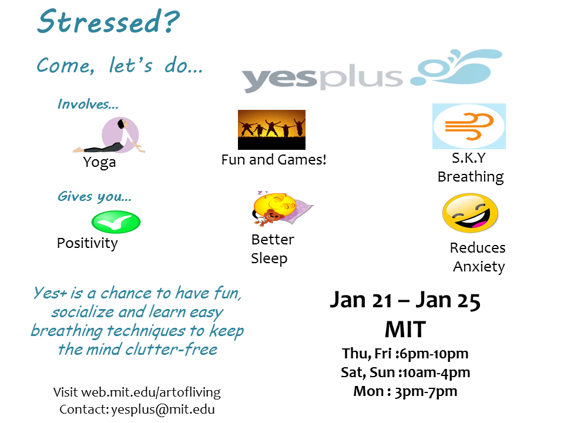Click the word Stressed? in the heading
108,22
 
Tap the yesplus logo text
323,78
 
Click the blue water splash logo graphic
456,67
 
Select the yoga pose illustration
110,135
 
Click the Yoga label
99,163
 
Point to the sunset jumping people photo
271,130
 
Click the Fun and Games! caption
274,160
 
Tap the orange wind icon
469,126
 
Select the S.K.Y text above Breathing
469,158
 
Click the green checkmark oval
116,222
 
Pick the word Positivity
87,243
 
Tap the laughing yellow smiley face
470,213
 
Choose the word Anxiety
479,267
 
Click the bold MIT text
405,330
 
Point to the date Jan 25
448,300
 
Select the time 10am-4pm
437,373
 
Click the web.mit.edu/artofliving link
151,392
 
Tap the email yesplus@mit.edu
163,409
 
